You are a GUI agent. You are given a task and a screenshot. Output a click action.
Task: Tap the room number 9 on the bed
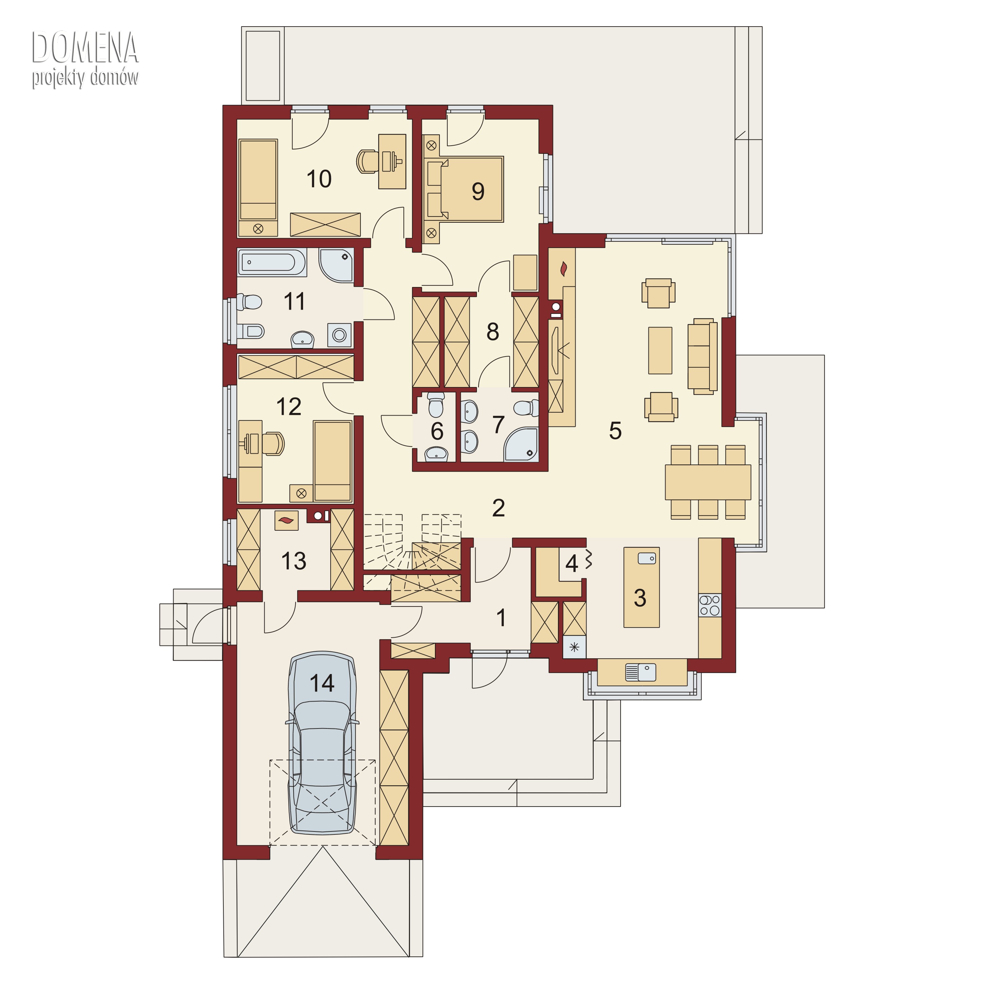(x=478, y=192)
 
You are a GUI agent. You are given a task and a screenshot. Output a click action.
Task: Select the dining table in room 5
(x=708, y=482)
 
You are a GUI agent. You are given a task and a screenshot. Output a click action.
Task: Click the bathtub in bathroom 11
(x=272, y=262)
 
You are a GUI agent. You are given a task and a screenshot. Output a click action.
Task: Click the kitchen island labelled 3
(x=642, y=587)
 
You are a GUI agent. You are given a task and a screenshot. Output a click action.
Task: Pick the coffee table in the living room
(x=660, y=350)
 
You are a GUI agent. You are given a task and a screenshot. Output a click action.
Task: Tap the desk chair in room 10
(x=368, y=161)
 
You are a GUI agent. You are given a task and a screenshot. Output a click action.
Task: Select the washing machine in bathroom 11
(x=339, y=335)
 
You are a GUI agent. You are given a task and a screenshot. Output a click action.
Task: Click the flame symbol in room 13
(x=287, y=521)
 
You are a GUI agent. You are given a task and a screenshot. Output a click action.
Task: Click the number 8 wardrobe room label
(x=493, y=332)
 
